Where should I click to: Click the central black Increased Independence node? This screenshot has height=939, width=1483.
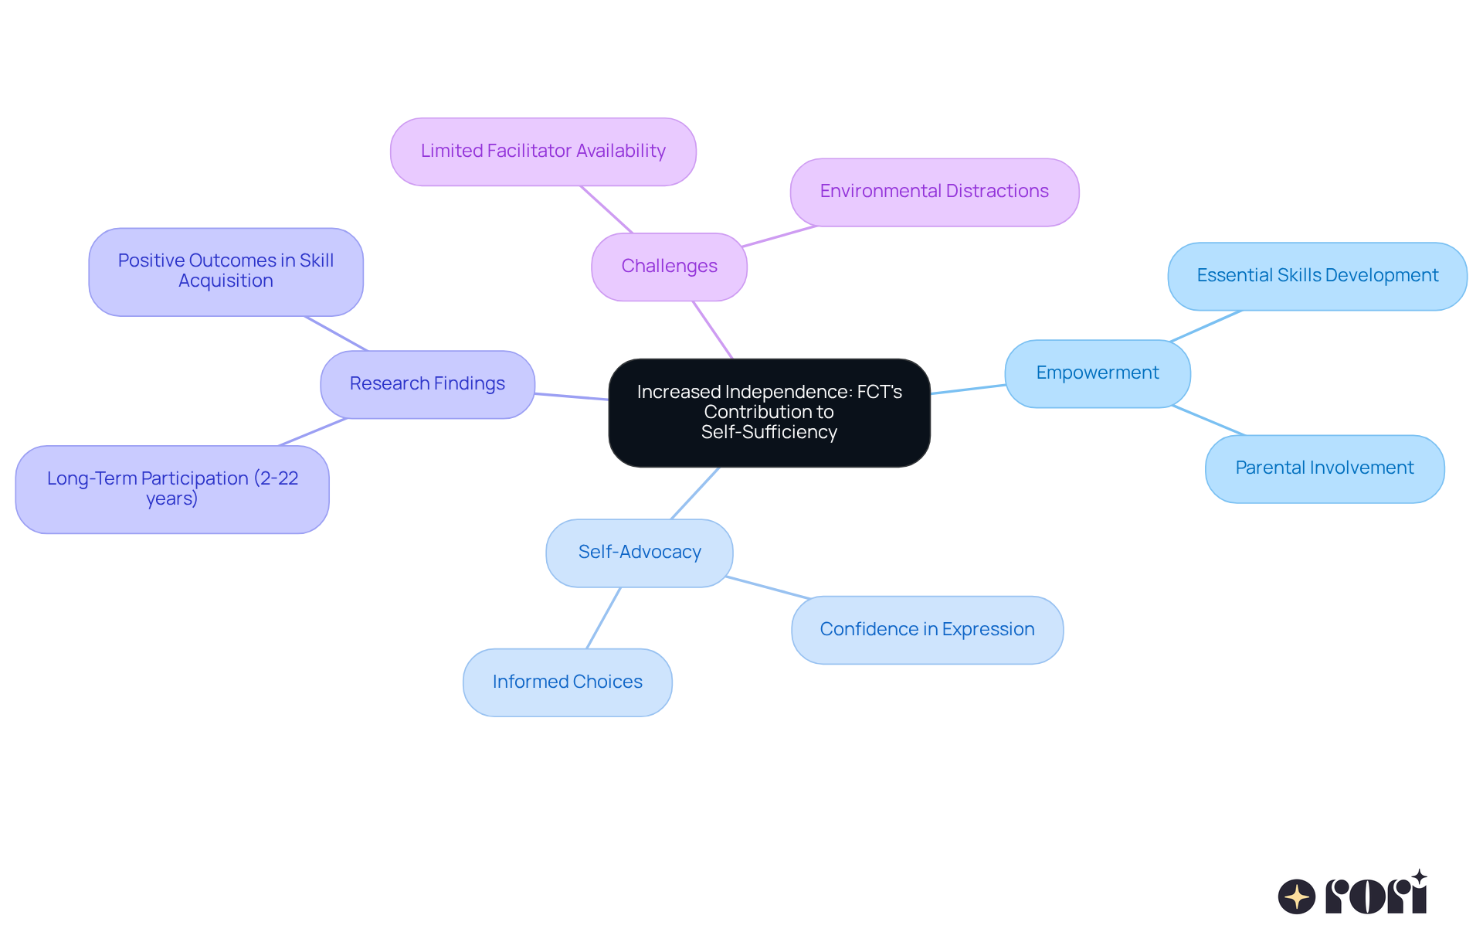769,412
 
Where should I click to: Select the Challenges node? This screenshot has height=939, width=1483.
669,267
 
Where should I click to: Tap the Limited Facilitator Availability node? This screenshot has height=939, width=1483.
543,151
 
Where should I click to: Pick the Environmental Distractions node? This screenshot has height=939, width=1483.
934,192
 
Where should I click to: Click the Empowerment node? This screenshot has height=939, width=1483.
1097,373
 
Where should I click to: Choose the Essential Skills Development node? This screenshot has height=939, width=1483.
1317,276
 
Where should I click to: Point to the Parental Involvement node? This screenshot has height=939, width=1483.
1324,468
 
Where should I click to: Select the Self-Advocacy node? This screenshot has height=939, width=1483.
640,553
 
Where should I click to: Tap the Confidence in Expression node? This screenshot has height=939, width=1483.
927,630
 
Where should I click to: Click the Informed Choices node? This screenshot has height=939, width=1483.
567,682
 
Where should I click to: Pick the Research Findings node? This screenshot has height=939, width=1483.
427,384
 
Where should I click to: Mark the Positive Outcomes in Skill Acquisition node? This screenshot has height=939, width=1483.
226,271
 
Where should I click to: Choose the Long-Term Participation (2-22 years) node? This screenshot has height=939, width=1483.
172,488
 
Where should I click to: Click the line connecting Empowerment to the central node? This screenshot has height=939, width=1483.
968,390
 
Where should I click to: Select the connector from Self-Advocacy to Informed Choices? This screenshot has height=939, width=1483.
604,617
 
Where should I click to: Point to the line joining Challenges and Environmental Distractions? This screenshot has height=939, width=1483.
779,236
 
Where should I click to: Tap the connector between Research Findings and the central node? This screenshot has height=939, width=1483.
572,396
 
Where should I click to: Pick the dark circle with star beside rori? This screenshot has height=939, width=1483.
1296,896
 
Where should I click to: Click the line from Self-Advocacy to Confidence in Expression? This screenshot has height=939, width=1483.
767,587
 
